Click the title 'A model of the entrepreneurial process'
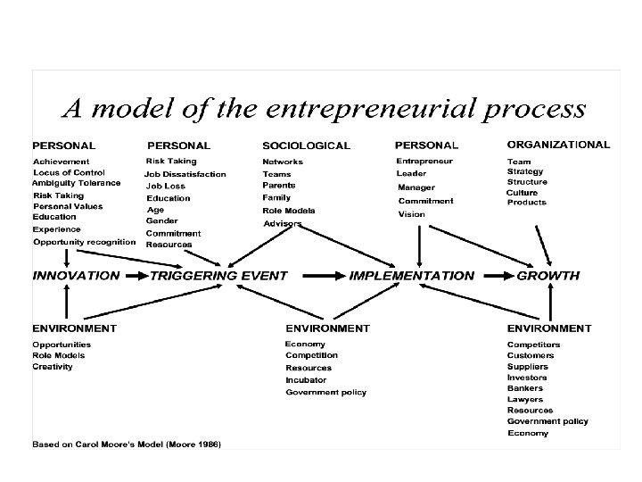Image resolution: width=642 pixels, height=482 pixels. pos(322,110)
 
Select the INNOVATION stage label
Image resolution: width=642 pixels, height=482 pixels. pos(76,276)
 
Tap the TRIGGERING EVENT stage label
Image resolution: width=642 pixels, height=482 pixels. pos(218,276)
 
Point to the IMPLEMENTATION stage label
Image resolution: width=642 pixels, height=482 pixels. pos(411,276)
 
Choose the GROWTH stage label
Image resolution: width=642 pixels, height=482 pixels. pos(548,276)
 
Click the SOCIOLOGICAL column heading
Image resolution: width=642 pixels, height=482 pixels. pos(306,145)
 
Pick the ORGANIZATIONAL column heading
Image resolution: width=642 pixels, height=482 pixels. pos(558,144)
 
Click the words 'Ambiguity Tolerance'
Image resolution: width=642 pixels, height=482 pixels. pos(76,183)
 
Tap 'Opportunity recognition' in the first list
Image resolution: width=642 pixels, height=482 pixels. pos(85,241)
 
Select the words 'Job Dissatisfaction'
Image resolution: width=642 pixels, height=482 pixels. pos(185,174)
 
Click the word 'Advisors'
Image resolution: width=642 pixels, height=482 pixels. pos(282,222)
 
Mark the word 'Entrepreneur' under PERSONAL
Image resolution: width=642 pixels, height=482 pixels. pos(424,162)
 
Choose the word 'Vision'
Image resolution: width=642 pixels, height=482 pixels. pos(411,214)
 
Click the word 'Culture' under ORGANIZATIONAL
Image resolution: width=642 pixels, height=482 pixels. pos(522,192)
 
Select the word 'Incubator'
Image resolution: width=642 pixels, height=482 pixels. pos(306,379)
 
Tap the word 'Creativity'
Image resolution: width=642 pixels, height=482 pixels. pos(53,367)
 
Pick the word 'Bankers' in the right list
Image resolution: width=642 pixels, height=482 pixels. pos(526,388)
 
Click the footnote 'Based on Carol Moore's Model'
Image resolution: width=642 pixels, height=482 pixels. pos(127,444)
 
